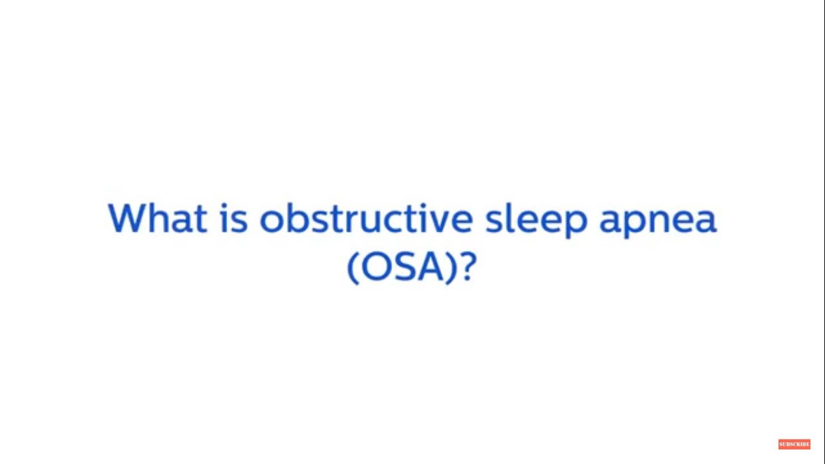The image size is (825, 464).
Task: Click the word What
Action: [x=157, y=218]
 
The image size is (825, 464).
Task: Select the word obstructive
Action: [x=366, y=218]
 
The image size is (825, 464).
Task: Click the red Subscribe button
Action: [x=794, y=444]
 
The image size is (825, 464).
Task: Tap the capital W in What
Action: [x=127, y=218]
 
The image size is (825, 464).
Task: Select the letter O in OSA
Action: [x=376, y=266]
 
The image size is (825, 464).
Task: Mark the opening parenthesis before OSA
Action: [x=353, y=267]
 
